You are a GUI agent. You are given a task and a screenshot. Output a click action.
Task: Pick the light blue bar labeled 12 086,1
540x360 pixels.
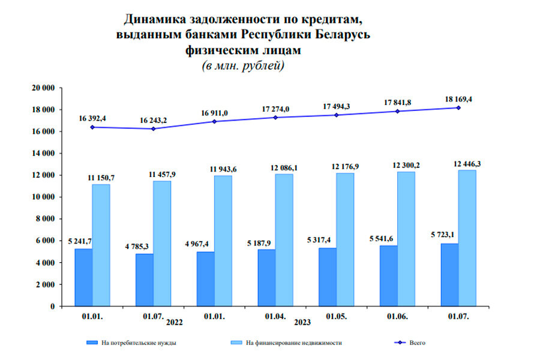click(284, 239)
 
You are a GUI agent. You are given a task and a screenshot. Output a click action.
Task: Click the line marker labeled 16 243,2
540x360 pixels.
click(154, 128)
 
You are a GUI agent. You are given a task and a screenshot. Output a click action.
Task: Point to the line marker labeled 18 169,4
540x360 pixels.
click(458, 107)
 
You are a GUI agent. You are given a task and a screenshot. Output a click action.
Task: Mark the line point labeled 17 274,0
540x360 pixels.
click(276, 117)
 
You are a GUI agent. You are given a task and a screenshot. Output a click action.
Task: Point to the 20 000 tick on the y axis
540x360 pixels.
click(43, 88)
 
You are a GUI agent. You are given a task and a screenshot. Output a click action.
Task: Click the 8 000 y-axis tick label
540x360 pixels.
click(46, 219)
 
